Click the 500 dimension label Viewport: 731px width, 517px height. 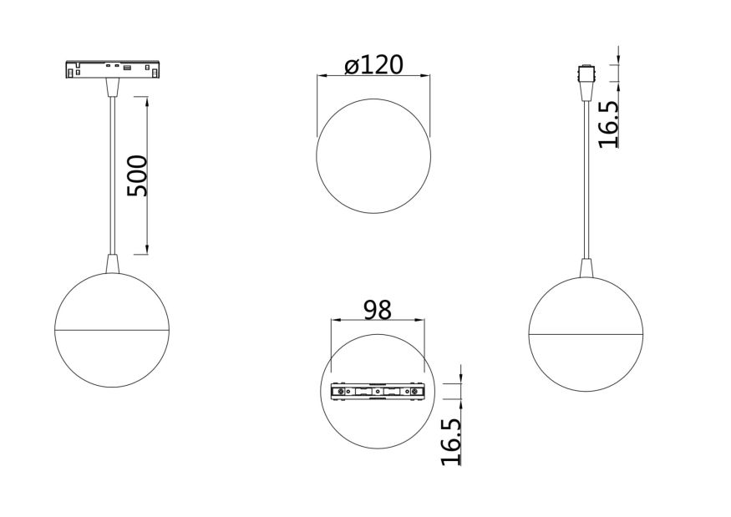click(x=136, y=175)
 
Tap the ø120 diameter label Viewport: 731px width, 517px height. click(x=373, y=64)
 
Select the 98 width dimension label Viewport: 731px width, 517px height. click(x=378, y=310)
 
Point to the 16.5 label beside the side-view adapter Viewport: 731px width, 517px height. click(x=607, y=124)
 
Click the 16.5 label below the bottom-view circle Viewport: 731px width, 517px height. click(x=450, y=440)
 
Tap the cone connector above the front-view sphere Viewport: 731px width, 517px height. click(x=113, y=263)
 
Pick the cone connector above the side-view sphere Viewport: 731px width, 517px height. click(x=586, y=268)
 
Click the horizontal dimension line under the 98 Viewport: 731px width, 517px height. click(x=378, y=322)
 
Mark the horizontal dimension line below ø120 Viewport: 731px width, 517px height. click(x=373, y=75)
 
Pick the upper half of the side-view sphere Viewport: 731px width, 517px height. click(x=586, y=305)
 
